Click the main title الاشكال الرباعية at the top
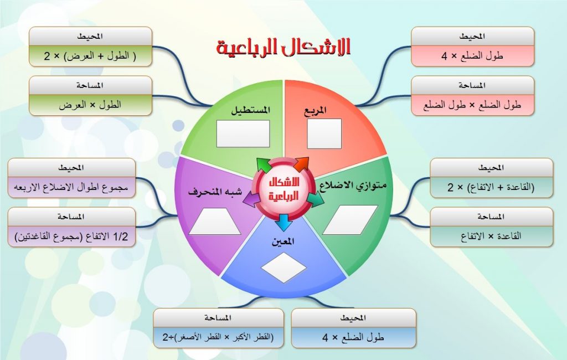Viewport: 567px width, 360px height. point(283,48)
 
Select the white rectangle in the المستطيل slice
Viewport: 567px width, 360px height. point(243,133)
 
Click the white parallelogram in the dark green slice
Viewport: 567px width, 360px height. point(350,219)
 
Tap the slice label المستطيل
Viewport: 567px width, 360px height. point(250,110)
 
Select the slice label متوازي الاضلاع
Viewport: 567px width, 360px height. point(353,185)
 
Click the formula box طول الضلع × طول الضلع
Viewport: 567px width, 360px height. point(472,104)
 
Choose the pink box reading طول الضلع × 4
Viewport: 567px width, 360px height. point(472,55)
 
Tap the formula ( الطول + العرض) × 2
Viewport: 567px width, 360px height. point(90,55)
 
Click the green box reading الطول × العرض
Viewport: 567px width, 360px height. point(90,104)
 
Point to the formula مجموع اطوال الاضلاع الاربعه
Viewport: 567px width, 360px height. point(72,187)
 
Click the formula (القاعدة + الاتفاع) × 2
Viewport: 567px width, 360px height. point(491,187)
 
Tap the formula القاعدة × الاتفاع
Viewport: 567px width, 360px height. point(491,236)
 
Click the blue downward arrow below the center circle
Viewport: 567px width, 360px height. point(283,222)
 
